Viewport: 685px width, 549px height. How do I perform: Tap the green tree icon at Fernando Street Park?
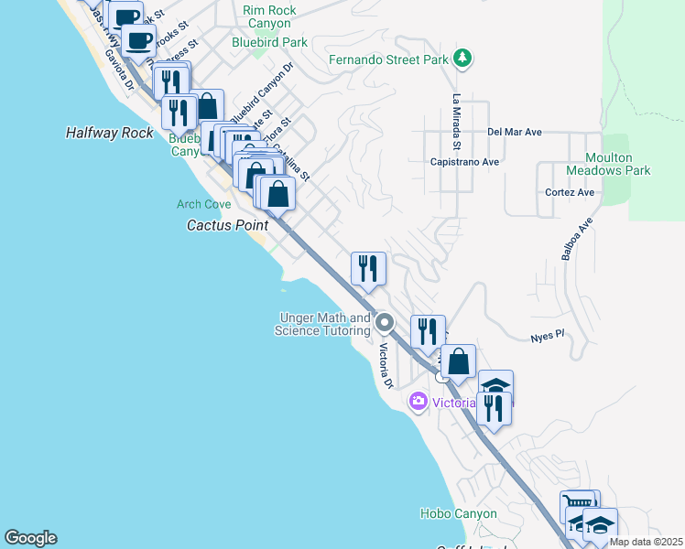[463, 59]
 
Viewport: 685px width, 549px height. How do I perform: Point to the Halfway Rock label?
[110, 133]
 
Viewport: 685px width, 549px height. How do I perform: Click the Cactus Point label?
[228, 224]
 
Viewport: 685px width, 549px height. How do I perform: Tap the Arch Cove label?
[203, 204]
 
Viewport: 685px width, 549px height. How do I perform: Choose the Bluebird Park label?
[269, 42]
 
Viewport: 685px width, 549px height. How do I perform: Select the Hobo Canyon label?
[458, 514]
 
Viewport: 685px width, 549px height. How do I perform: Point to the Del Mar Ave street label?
[515, 132]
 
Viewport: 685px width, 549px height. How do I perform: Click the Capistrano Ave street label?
[464, 162]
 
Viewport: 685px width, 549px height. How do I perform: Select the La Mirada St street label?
[455, 122]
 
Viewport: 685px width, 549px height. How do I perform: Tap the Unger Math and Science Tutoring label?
[323, 324]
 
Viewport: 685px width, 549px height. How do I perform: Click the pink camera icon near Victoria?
[419, 401]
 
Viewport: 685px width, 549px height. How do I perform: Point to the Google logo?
[30, 538]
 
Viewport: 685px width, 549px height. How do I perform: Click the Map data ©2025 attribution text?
[645, 542]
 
